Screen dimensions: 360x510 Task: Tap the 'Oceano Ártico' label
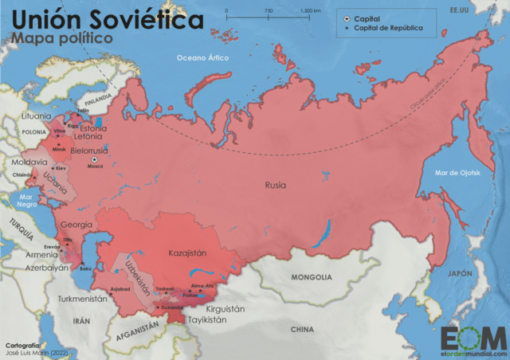tap(202, 57)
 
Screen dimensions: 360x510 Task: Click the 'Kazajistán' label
tap(187, 252)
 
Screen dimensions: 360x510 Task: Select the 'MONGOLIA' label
tap(311, 277)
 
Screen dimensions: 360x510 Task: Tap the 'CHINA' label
tap(302, 328)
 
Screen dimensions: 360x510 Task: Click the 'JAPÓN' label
tap(461, 273)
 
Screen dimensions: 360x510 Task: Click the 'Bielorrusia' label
tap(88, 149)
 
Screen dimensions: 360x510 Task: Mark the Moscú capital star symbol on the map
tap(95, 159)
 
